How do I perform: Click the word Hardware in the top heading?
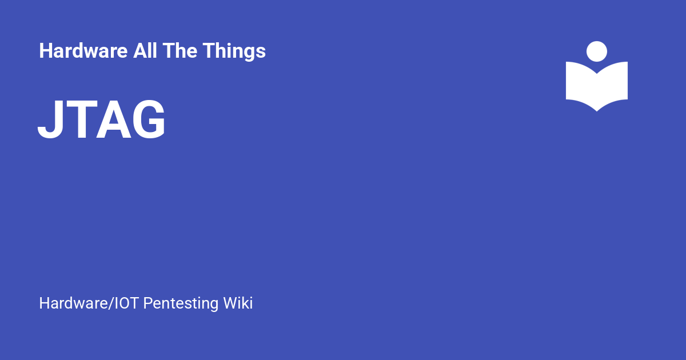(83, 50)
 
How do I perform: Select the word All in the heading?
(145, 50)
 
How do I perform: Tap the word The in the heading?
(180, 50)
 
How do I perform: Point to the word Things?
(234, 51)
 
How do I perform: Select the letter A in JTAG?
(114, 119)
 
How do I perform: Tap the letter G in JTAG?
(149, 119)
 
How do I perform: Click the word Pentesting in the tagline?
(181, 303)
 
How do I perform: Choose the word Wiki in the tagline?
(238, 303)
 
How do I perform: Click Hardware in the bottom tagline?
(74, 303)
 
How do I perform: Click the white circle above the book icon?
(597, 51)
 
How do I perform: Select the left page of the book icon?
(581, 85)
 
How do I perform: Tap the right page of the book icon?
(612, 85)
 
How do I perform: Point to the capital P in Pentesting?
(148, 303)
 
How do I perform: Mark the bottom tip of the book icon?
(597, 111)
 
